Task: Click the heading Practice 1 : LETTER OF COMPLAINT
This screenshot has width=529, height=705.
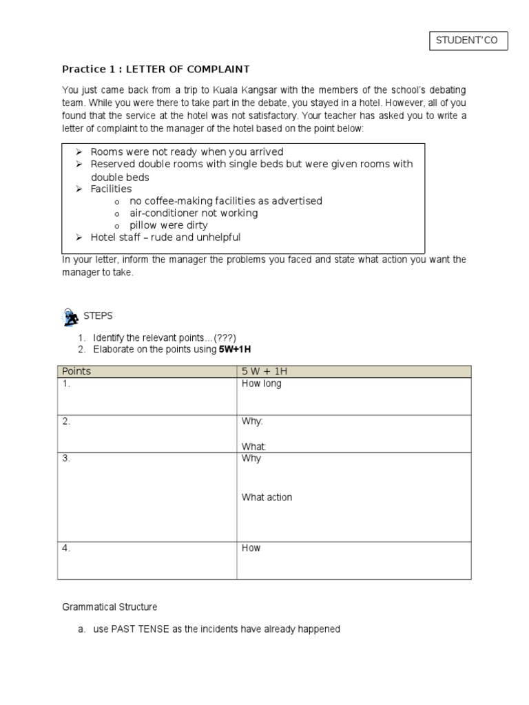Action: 156,69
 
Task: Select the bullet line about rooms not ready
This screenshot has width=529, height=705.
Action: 187,151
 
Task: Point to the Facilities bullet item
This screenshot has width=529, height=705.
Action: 111,189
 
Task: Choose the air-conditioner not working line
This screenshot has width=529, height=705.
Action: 194,213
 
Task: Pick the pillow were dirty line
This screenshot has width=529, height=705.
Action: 168,225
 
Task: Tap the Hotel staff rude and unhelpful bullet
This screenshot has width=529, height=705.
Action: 165,238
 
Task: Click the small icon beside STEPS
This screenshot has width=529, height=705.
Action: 70,317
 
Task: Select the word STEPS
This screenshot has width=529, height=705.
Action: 98,316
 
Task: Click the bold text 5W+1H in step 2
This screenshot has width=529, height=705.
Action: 235,350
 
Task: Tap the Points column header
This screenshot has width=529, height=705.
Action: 76,372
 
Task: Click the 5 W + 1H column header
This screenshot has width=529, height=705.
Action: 264,372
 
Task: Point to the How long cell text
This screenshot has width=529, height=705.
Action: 261,383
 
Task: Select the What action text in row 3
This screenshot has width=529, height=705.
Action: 267,497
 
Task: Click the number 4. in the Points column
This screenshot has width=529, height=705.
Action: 66,548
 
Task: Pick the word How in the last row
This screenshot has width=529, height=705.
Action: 251,548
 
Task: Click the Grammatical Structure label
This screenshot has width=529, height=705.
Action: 110,607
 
